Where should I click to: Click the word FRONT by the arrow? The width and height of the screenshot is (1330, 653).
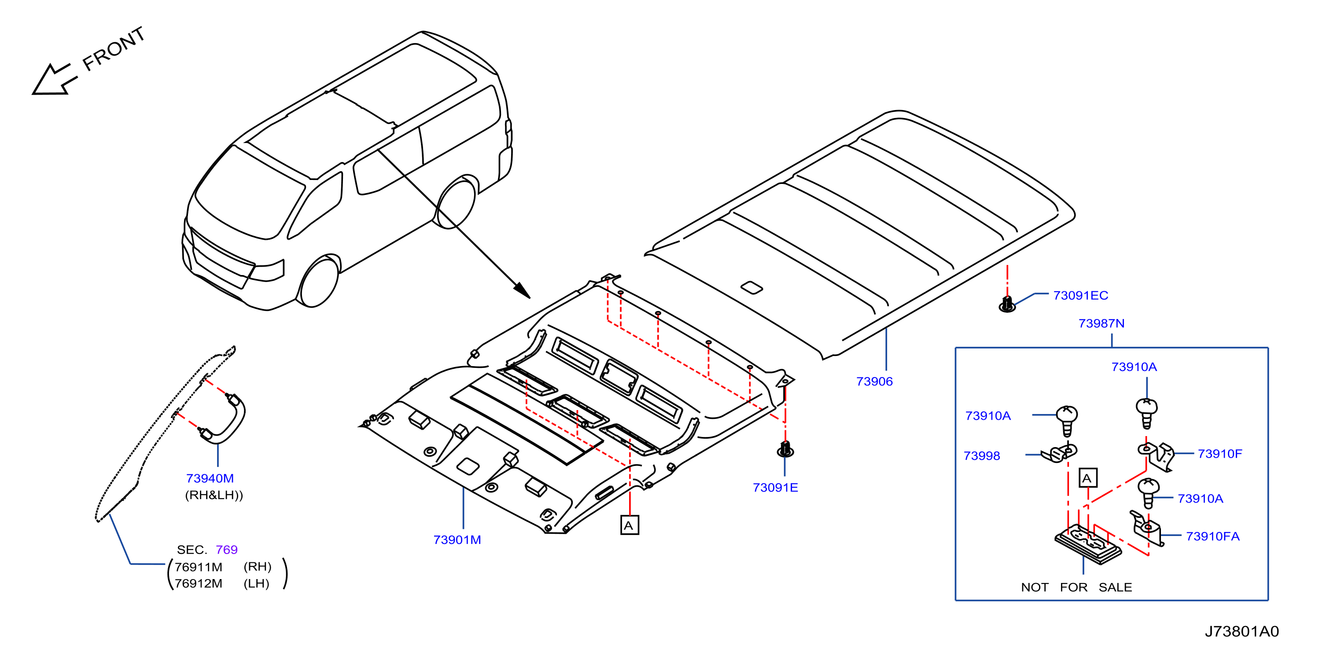click(114, 48)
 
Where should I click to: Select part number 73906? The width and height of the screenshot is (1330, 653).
click(874, 382)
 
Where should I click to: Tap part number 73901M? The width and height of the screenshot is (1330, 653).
click(457, 539)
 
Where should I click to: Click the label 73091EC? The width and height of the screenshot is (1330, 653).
click(1081, 295)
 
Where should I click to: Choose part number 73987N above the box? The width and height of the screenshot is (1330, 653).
click(1101, 323)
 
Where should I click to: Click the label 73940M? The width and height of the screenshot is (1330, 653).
click(210, 478)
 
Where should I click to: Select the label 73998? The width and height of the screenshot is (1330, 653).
click(981, 456)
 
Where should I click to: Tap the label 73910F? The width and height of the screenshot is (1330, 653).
click(1219, 454)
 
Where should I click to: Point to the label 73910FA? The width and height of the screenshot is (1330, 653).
click(1212, 536)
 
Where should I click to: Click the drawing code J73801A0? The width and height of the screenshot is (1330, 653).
click(1242, 631)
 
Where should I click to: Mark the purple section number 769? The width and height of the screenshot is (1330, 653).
click(227, 549)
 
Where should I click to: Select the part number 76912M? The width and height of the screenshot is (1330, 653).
click(198, 583)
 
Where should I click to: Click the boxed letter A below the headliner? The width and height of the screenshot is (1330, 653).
click(629, 525)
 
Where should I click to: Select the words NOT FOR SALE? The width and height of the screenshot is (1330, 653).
click(1076, 587)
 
